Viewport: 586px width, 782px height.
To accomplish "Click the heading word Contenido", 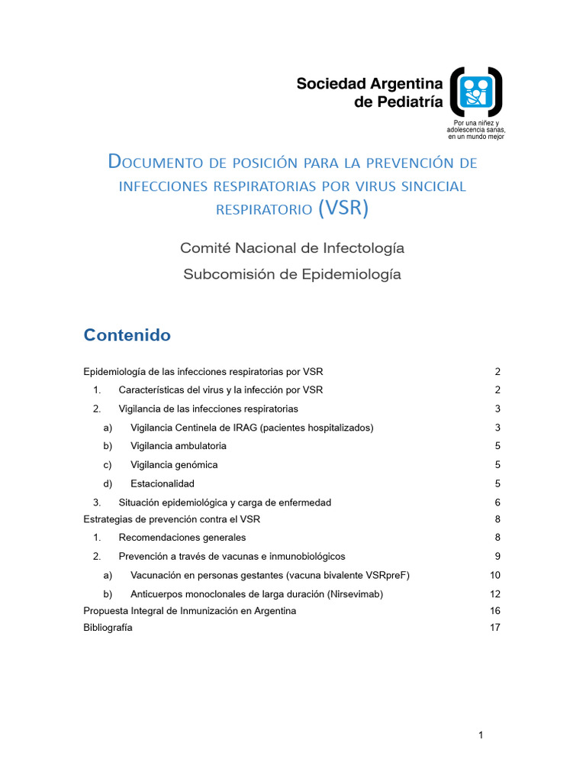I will click(x=127, y=335).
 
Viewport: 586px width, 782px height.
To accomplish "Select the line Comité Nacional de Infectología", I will click(x=292, y=248).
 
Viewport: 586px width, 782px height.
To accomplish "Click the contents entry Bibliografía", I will click(x=108, y=628).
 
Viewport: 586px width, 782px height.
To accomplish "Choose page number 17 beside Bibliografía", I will click(x=494, y=628).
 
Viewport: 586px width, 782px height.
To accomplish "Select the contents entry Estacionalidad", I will click(x=163, y=483).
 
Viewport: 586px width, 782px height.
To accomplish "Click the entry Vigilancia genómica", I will click(x=174, y=464).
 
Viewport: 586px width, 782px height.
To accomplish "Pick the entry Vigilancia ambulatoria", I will click(x=179, y=446).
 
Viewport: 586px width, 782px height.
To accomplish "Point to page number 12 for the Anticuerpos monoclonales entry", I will click(x=494, y=593).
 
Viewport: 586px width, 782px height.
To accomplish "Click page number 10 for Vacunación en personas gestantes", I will click(x=494, y=575).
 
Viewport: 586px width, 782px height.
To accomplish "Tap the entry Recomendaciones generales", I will click(x=182, y=538).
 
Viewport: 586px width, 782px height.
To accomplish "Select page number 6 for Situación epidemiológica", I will click(x=497, y=502).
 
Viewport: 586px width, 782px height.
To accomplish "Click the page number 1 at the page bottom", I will click(x=481, y=735).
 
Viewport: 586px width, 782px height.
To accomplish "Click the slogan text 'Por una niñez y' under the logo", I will click(x=476, y=123).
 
